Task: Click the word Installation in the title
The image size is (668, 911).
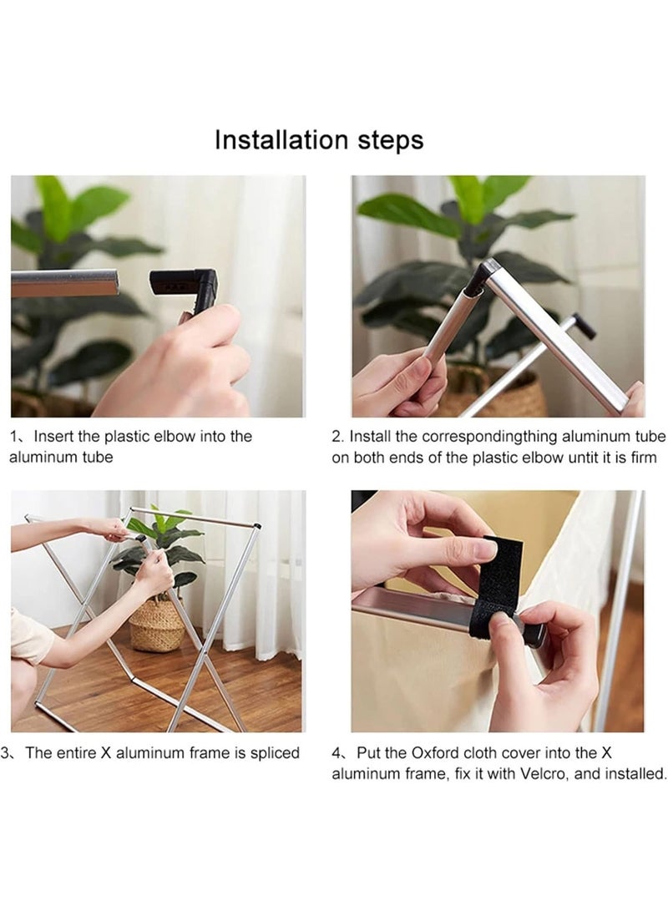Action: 282,139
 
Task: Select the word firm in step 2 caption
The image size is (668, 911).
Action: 643,458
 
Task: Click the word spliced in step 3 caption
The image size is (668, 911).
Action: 275,753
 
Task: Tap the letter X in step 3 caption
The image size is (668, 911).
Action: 106,753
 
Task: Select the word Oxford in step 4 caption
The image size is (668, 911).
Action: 434,753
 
